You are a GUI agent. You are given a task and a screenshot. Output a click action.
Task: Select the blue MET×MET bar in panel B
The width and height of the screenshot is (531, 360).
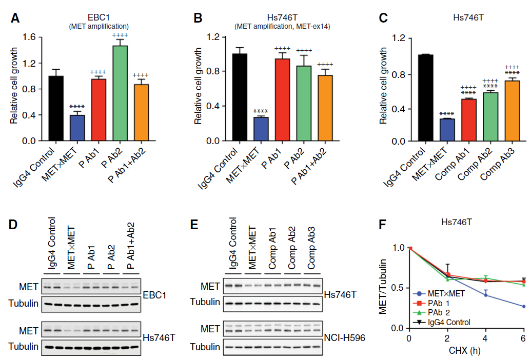point(261,129)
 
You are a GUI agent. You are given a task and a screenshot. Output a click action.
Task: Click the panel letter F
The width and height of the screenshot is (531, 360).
point(382,224)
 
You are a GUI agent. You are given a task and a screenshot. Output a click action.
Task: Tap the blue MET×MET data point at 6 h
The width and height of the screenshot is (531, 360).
point(523,307)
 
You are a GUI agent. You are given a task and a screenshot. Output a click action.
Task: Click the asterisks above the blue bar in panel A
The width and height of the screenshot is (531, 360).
point(77,107)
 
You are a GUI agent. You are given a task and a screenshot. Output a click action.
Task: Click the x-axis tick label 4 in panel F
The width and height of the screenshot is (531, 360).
point(485,338)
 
